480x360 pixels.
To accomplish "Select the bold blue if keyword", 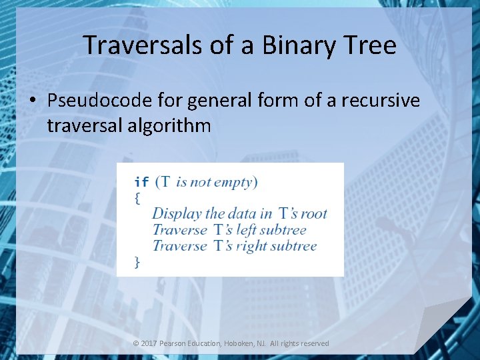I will pyautogui.click(x=141, y=183).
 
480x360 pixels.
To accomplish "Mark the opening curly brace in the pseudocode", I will pyautogui.click(x=137, y=198).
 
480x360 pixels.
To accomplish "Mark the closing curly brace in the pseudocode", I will pyautogui.click(x=137, y=262).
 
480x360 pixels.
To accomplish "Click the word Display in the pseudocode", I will pyautogui.click(x=177, y=214).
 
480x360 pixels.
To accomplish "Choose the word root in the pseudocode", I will pyautogui.click(x=313, y=214).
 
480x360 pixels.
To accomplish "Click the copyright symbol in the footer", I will pyautogui.click(x=136, y=343).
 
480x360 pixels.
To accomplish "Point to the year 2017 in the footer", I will pyautogui.click(x=149, y=343).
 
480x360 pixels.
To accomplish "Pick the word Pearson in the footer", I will pyautogui.click(x=173, y=343).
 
